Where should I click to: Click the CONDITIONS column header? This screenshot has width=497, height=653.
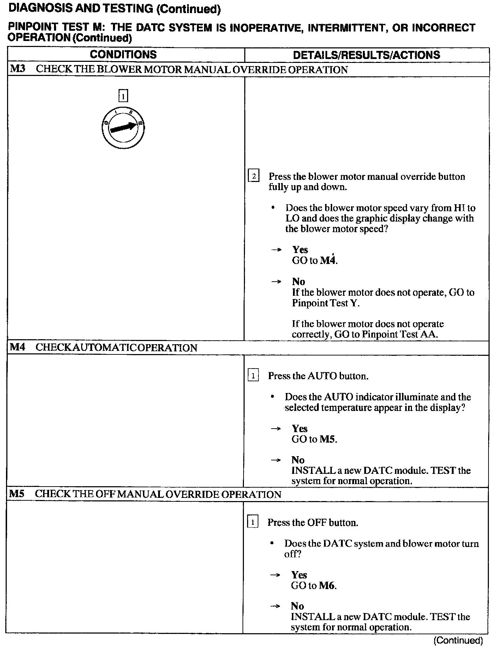tap(123, 54)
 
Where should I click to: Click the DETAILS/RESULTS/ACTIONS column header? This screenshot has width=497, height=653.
tap(366, 55)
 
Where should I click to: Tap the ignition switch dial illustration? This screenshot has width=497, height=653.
tap(123, 128)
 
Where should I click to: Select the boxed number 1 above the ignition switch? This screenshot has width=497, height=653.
tap(123, 96)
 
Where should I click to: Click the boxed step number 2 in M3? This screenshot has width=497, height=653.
tap(254, 176)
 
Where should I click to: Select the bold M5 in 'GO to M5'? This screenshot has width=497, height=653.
tap(328, 439)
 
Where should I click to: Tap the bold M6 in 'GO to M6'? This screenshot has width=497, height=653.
tap(327, 586)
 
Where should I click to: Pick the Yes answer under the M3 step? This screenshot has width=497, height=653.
tap(300, 250)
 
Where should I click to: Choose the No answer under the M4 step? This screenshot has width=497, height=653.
tap(298, 460)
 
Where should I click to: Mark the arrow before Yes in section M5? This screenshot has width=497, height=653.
tap(275, 575)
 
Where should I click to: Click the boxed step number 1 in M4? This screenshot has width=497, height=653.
tap(253, 375)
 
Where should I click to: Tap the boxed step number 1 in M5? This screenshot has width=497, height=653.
tap(252, 522)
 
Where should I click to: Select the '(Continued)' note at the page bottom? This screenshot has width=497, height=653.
tap(458, 640)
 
